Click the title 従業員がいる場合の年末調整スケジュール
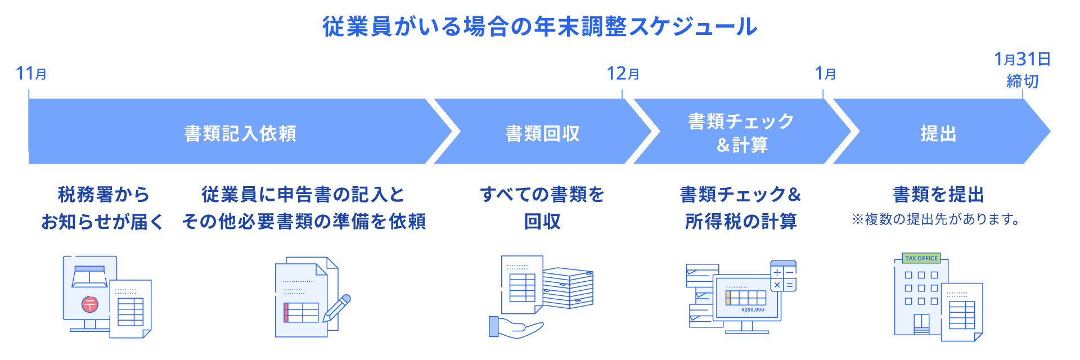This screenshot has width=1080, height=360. (540, 26)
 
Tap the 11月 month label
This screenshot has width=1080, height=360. (31, 74)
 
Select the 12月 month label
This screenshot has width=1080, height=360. (623, 74)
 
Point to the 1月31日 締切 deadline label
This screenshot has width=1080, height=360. (1022, 70)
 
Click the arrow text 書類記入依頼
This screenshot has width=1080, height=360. (240, 133)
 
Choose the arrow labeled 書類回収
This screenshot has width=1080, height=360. (542, 133)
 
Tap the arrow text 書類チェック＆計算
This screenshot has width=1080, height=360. (741, 133)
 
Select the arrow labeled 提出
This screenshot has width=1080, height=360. (938, 133)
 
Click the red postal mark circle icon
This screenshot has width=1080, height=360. (90, 304)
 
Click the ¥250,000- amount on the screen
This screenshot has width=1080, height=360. (754, 310)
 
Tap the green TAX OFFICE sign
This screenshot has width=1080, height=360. (921, 258)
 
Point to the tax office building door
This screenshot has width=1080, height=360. (921, 324)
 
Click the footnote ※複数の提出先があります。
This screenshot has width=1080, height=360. (937, 219)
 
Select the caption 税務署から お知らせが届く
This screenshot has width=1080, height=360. (103, 208)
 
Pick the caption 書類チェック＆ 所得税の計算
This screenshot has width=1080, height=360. (741, 208)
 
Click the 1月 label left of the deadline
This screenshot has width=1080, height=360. (825, 74)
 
